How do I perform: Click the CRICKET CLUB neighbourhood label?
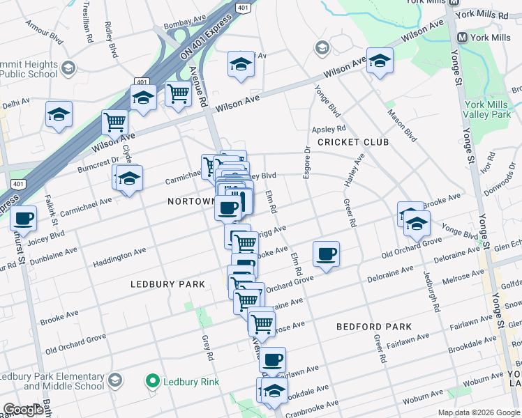[352, 142]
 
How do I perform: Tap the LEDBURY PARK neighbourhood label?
[167, 284]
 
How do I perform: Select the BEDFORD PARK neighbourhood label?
[373, 326]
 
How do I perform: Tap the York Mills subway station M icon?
[461, 38]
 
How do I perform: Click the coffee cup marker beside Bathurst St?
[24, 217]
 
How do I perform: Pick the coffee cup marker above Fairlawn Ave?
[273, 359]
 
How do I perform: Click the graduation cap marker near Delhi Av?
[59, 114]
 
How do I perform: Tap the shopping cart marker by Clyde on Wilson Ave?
[115, 122]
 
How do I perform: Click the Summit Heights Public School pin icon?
[68, 68]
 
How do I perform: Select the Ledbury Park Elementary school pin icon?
[116, 380]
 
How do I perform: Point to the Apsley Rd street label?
[329, 129]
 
